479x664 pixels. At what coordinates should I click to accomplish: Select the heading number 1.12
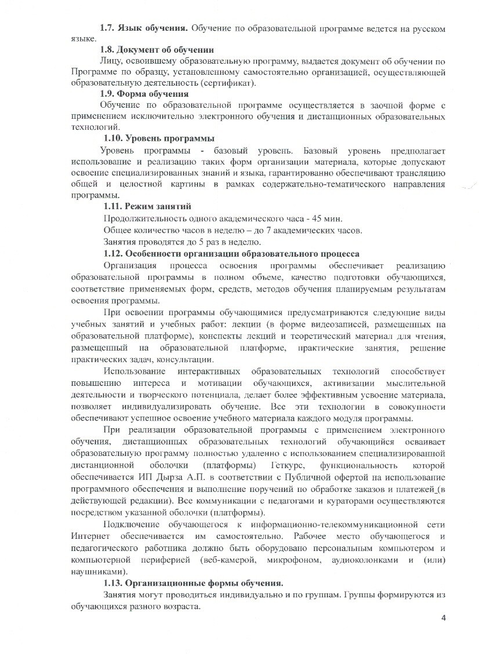coord(113,253)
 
